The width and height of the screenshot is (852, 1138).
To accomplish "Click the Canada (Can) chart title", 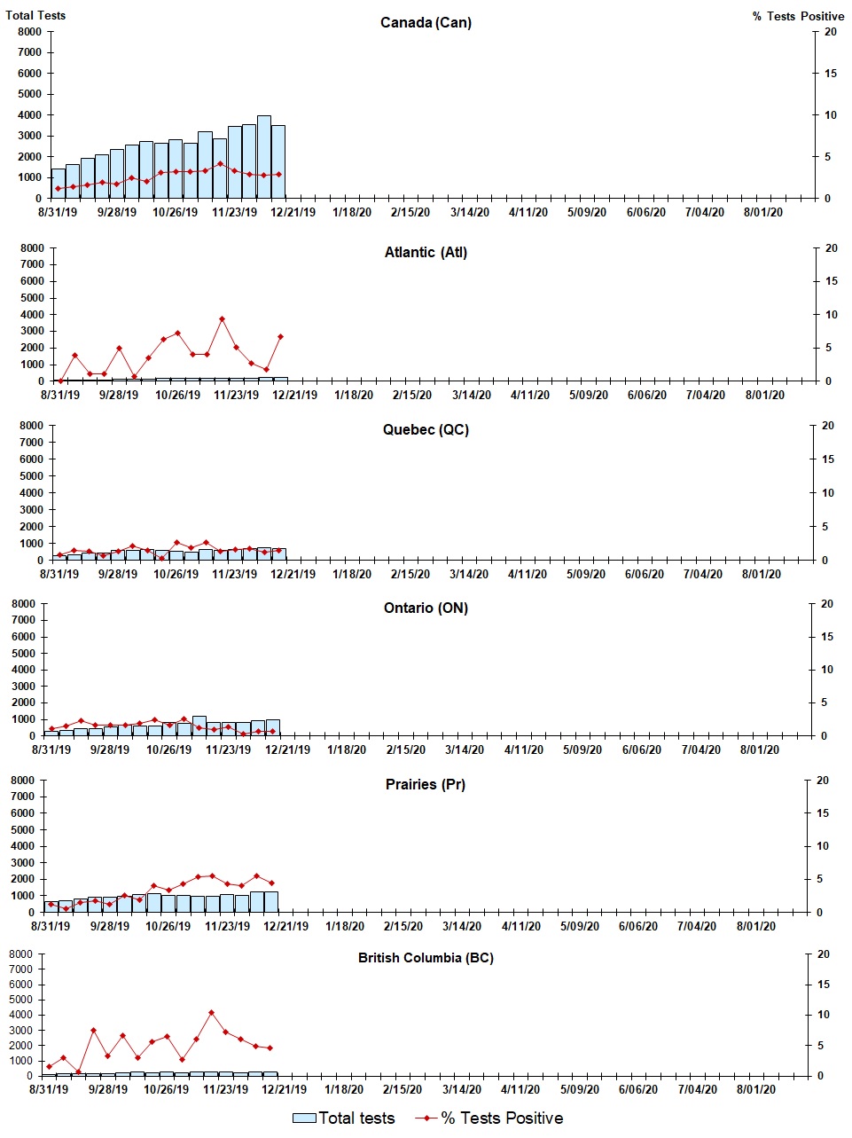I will coord(426,22).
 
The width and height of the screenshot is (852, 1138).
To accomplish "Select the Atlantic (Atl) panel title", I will coord(426,253).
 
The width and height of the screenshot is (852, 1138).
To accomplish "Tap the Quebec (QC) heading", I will coord(426,430).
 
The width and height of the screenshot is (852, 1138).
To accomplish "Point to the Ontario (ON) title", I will coord(426,608).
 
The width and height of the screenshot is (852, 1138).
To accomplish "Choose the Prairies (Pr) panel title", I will coord(426,785).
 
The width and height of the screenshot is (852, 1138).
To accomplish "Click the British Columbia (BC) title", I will coord(426,958).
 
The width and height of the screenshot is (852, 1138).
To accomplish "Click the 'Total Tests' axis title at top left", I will coord(35,15).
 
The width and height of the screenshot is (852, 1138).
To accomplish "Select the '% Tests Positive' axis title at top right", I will coord(798,16).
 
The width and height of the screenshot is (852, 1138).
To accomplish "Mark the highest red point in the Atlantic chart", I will coord(222,319).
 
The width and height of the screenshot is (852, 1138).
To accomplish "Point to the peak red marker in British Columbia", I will coord(211,1013).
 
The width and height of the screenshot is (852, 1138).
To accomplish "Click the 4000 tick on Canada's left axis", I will coord(30,115).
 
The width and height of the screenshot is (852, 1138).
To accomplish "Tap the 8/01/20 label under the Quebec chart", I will coord(762,575).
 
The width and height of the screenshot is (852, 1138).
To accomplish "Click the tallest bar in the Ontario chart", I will coord(199,726).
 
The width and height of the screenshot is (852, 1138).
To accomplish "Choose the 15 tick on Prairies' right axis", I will coord(822,813).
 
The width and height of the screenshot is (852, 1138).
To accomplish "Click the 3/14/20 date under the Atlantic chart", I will coord(471,396).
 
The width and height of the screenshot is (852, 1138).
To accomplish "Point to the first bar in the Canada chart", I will coord(58,184).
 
